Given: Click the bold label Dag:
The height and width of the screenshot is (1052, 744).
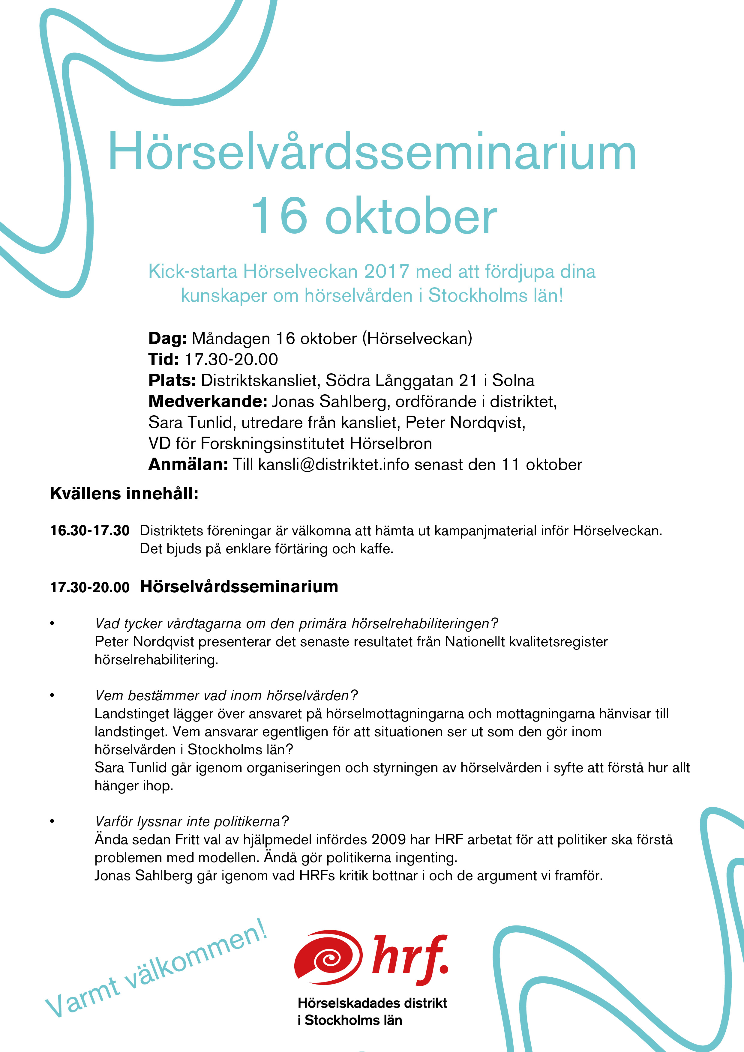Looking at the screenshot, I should click(x=167, y=339).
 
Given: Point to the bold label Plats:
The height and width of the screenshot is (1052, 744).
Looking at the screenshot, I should click(x=172, y=380).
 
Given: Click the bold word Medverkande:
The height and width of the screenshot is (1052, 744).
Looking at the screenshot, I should click(x=208, y=401).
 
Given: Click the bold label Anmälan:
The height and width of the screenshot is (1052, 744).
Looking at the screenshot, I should click(x=188, y=465).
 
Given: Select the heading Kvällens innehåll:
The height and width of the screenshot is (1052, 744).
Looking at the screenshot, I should click(x=124, y=494).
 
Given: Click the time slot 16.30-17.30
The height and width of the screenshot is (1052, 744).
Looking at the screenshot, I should click(x=90, y=530).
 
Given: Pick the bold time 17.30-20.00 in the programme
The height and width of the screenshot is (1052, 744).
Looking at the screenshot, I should click(x=90, y=587).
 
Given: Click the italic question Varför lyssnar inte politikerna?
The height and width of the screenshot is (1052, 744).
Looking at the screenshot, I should click(x=192, y=821).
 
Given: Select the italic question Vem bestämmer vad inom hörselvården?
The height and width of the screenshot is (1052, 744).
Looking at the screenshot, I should click(x=226, y=695).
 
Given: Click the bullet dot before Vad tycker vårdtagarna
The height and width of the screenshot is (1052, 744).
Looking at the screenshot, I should click(x=52, y=623).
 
